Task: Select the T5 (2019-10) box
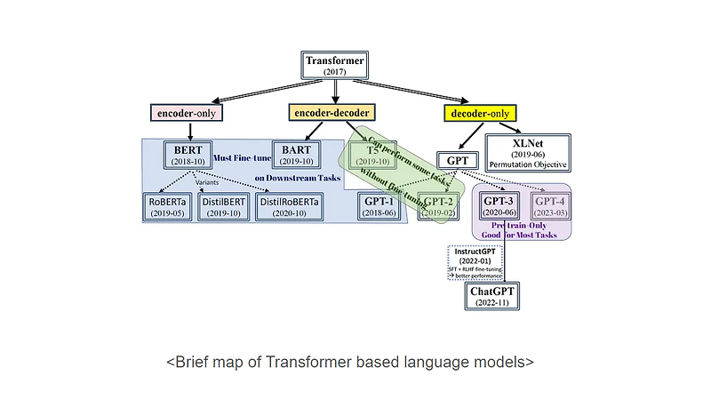click(371, 155)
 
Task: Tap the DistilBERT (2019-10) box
click(222, 207)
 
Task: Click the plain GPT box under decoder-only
click(459, 161)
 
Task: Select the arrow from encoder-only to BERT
click(187, 131)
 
